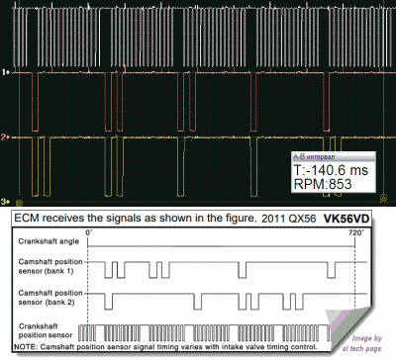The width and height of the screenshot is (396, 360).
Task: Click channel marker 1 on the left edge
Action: [x=5, y=72]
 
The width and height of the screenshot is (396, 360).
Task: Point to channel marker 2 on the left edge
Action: [x=5, y=136]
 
